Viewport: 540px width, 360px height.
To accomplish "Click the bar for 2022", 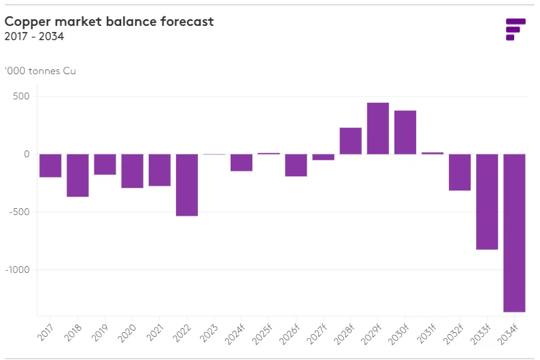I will pos(187,185).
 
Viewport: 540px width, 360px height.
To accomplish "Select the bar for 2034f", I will pos(514,233).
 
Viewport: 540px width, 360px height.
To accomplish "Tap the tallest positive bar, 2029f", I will pos(378,129).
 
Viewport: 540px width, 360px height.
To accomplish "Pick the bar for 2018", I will pos(78,176).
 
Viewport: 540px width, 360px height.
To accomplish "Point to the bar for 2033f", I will pos(487,202).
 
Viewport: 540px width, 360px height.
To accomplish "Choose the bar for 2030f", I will pos(405,133).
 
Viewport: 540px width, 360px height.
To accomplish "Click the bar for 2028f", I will pos(350,141).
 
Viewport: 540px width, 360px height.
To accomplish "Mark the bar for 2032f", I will pos(460,172).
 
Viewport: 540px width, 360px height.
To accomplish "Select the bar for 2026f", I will pos(296,165).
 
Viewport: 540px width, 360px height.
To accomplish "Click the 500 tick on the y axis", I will pos(21,96).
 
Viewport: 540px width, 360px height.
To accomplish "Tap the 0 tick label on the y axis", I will pos(26,154).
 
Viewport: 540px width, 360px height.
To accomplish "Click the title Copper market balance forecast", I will pos(109,21).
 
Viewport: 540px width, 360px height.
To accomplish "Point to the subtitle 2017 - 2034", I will pos(34,37).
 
